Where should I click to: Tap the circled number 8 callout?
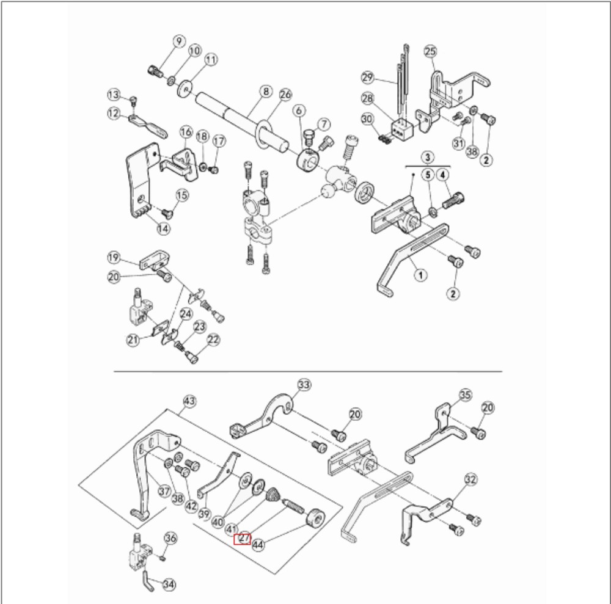265,92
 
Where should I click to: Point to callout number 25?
431,51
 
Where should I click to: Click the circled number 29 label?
368,78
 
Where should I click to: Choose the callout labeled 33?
304,385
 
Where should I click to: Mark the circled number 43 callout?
189,401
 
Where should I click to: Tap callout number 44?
258,543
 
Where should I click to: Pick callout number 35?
466,395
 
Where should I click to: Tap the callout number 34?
169,584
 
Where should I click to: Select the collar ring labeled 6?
307,160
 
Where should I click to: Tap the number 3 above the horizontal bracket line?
426,157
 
